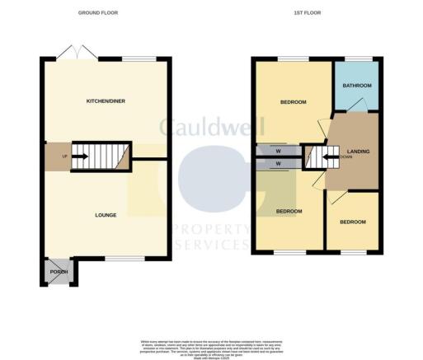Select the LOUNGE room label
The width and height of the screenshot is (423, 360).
pos(105,216)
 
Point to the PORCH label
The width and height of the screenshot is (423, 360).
pos(59,272)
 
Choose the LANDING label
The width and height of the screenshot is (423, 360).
pos(358,151)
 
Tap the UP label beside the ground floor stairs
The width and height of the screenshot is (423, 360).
pos(57,154)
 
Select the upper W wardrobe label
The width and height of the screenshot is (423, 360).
pos(279,151)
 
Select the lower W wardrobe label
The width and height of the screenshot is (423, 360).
pos(279,164)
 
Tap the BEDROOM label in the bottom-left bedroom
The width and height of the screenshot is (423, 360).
pos(289,212)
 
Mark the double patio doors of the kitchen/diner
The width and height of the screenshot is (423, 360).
pos(78,55)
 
